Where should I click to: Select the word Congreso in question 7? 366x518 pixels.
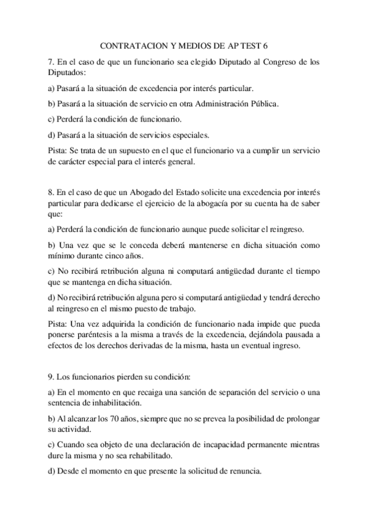coord(263,62)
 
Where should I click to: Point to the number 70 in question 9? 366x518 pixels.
coord(111,419)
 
